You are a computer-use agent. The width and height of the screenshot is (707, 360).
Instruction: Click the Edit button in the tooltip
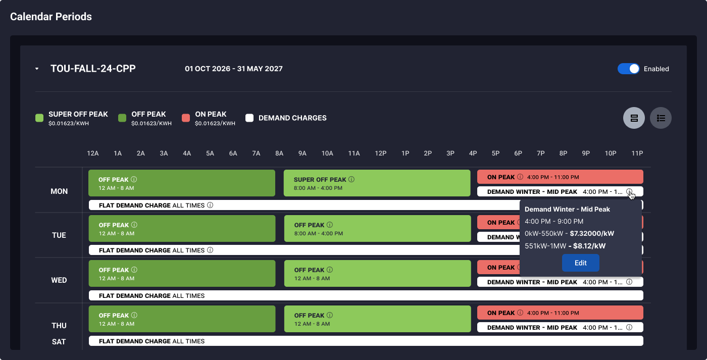coord(580,263)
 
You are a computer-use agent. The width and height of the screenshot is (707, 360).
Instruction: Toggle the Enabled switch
coord(628,69)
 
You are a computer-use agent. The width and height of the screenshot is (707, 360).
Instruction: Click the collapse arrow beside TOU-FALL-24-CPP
coord(37,69)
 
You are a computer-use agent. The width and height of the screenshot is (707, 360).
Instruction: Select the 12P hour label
coord(381,153)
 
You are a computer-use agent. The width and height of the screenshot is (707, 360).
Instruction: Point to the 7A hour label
coord(256,153)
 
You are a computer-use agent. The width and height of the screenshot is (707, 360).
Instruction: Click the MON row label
coord(59,191)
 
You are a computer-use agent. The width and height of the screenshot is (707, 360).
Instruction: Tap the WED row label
coord(59,280)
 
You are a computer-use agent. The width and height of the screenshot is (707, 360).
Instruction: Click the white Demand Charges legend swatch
coord(249,118)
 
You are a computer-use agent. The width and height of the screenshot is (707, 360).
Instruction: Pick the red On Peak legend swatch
coord(186,118)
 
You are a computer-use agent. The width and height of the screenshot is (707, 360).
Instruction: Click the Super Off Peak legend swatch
coord(39,118)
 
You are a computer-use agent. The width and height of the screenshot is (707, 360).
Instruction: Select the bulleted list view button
coord(661,118)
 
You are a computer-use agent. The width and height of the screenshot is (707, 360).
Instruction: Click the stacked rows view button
coord(634,118)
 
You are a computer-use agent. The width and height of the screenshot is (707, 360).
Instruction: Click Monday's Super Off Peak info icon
coord(351,179)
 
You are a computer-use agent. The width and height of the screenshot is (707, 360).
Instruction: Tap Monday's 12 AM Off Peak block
coord(182,183)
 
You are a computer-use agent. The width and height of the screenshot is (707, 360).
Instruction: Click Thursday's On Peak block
coord(560,313)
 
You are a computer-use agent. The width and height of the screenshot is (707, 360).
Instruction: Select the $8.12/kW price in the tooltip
coord(589,246)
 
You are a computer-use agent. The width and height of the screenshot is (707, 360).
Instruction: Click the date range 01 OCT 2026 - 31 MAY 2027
coord(233,69)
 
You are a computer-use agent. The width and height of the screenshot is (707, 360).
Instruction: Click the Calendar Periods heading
coord(51,16)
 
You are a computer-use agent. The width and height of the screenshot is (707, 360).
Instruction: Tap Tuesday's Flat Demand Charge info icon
coord(210,250)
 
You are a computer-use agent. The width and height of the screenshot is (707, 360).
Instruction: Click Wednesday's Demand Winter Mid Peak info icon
coord(629,282)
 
